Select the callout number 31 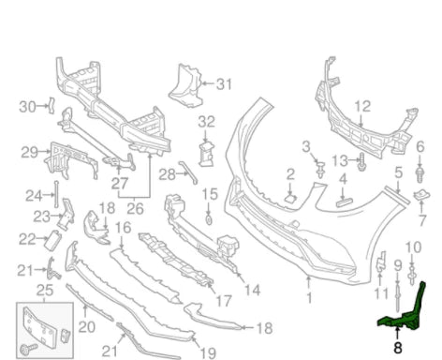pos(224,84)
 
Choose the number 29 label pos(29,152)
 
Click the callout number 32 pos(206,121)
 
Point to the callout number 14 pos(252,290)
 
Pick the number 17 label pos(223,302)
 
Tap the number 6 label pos(420,146)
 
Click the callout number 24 pos(33,195)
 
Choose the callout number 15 pos(209,194)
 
